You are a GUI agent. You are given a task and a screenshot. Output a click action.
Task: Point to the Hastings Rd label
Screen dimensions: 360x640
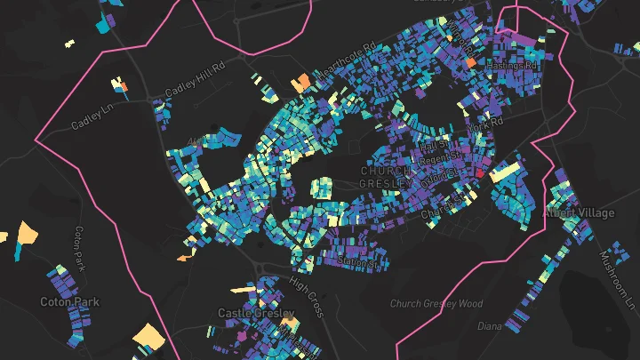[x=518, y=66]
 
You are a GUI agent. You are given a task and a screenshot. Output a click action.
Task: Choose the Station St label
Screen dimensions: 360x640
[x=362, y=262]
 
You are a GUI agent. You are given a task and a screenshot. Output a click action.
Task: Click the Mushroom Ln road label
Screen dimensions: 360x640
[x=623, y=275]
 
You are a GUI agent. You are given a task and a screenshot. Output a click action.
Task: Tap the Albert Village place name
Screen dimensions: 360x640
[x=580, y=213]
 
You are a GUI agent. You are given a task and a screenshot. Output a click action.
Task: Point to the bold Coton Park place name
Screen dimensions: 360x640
[x=69, y=302]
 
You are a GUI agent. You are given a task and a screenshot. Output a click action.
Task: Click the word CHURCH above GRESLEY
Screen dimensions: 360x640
[x=386, y=170]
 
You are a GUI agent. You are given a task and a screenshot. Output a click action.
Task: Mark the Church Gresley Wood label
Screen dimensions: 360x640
[x=436, y=304]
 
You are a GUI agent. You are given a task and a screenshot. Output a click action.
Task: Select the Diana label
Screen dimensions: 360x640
[x=491, y=325]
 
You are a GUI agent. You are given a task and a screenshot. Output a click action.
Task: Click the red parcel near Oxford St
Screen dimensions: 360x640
[x=478, y=174]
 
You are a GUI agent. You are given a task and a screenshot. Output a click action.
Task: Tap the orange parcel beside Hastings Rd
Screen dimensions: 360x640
[x=470, y=63]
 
